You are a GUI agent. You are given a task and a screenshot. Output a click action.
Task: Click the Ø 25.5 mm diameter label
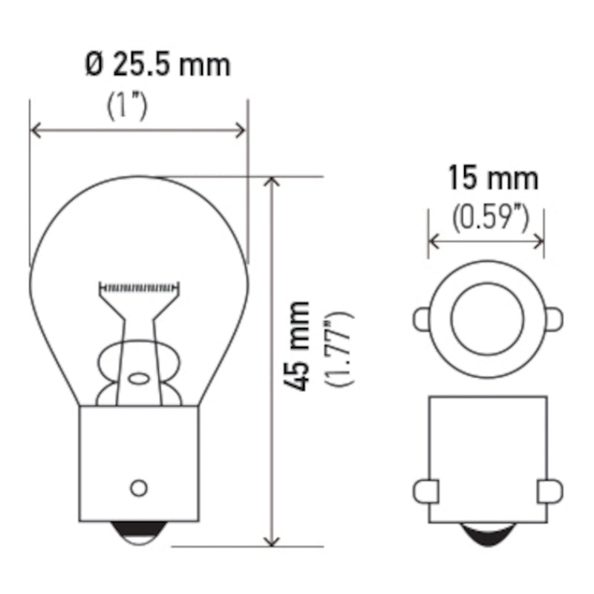[157, 65]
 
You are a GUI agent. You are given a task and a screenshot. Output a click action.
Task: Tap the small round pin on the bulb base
[138, 487]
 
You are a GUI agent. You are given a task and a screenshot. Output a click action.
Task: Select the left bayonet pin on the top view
[421, 319]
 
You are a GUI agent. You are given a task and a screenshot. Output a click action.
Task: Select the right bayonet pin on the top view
[554, 319]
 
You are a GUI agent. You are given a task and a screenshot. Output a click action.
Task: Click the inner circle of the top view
[487, 319]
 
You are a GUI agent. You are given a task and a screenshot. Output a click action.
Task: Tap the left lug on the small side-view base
[423, 491]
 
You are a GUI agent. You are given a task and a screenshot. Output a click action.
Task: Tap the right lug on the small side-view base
[551, 491]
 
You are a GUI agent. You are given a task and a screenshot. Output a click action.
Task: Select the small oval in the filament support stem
[138, 378]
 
